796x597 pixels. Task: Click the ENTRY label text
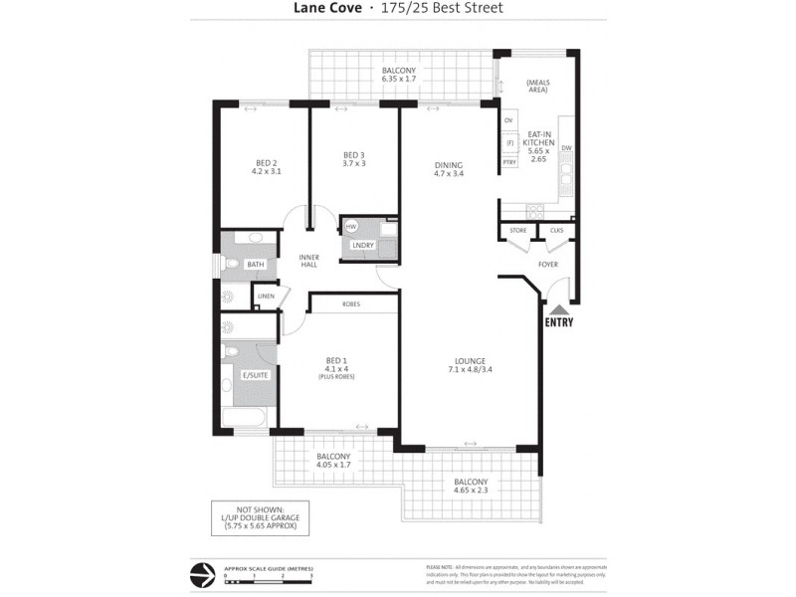559,322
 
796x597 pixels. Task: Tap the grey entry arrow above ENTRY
559,307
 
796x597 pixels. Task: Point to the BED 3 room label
354,159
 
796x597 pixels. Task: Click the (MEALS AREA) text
538,85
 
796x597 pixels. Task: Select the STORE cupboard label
517,231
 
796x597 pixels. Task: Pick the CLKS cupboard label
556,231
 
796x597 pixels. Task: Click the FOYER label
548,265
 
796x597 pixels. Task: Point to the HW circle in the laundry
351,228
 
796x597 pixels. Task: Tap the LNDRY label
363,245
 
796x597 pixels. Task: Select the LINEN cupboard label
266,296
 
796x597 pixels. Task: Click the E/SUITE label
255,375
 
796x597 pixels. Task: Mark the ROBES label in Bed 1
350,303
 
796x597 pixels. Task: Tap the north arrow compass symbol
204,574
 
